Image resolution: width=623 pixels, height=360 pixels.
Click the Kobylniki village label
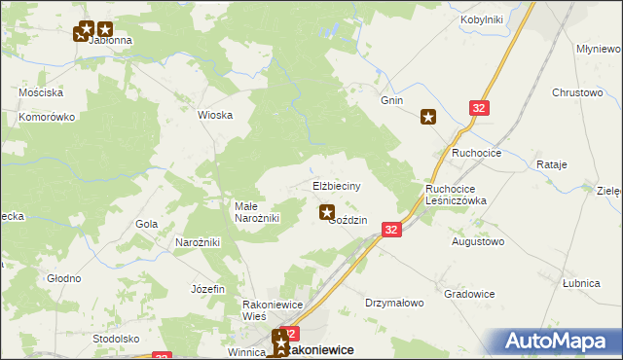click(481, 19)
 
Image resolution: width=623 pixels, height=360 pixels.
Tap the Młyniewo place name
click(599, 49)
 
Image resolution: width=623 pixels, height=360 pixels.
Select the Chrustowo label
click(578, 92)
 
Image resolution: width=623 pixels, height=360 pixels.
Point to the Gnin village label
click(392, 100)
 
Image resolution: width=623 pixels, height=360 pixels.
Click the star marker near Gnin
click(428, 118)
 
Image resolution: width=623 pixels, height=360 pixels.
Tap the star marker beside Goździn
click(327, 211)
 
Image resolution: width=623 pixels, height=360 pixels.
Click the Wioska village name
click(215, 115)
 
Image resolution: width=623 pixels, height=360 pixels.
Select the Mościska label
click(41, 93)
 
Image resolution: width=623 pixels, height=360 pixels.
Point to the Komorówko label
click(47, 117)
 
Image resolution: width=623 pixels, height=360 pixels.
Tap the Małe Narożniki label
click(257, 212)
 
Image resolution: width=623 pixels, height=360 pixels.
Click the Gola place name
click(147, 224)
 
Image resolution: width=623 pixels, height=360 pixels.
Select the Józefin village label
click(208, 289)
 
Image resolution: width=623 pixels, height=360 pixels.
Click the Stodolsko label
click(116, 339)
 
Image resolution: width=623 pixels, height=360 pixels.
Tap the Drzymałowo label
click(395, 303)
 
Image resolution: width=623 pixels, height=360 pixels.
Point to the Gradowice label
click(469, 294)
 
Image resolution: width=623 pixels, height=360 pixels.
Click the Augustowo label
click(478, 240)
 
